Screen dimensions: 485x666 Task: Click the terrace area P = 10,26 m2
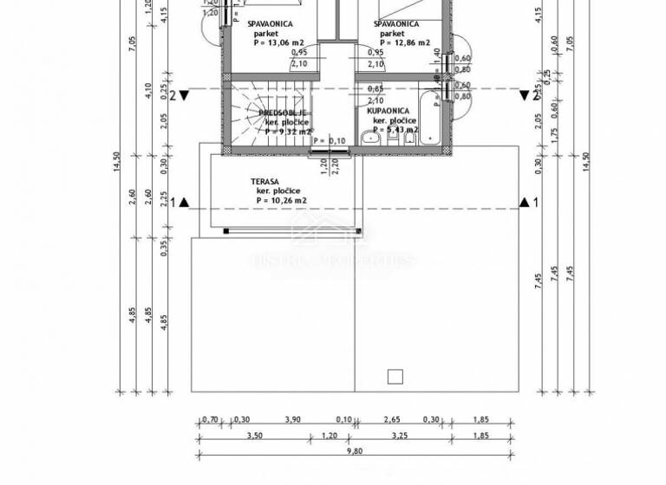pos(282,200)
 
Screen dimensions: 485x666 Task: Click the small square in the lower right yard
pos(395,376)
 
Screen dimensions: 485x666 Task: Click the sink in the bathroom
pos(375,138)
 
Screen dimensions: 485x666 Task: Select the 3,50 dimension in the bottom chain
pos(255,436)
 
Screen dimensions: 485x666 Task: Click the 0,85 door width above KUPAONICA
pos(375,89)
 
